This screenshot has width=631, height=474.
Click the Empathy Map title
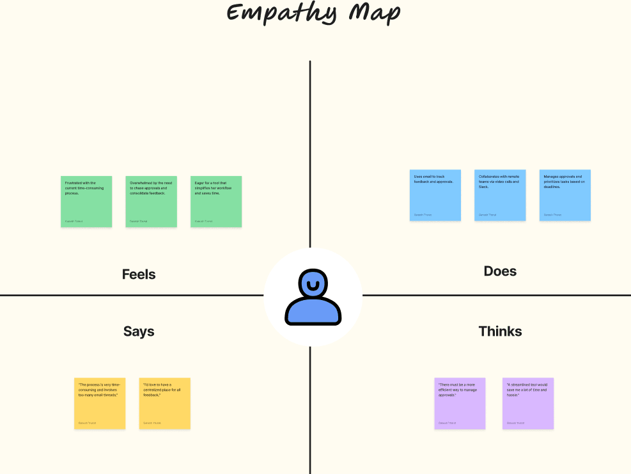[313, 13]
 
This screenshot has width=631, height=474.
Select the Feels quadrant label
[139, 274]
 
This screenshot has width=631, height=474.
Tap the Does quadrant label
[500, 271]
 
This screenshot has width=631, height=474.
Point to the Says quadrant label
[139, 331]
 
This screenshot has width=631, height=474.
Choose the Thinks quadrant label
[500, 331]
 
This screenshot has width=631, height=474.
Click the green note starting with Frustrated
[86, 201]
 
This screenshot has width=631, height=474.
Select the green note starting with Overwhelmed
[152, 201]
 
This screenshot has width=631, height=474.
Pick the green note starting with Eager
[216, 201]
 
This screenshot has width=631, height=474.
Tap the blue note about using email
[435, 195]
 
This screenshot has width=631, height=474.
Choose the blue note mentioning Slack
[500, 195]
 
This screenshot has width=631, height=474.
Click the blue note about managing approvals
[565, 195]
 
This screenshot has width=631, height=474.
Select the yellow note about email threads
[100, 403]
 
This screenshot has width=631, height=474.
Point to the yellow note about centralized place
[165, 403]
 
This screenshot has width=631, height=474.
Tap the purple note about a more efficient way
[460, 403]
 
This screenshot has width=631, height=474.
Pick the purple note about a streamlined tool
[528, 403]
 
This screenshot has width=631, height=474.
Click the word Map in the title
[378, 13]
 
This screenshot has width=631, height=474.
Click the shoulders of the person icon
[313, 312]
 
